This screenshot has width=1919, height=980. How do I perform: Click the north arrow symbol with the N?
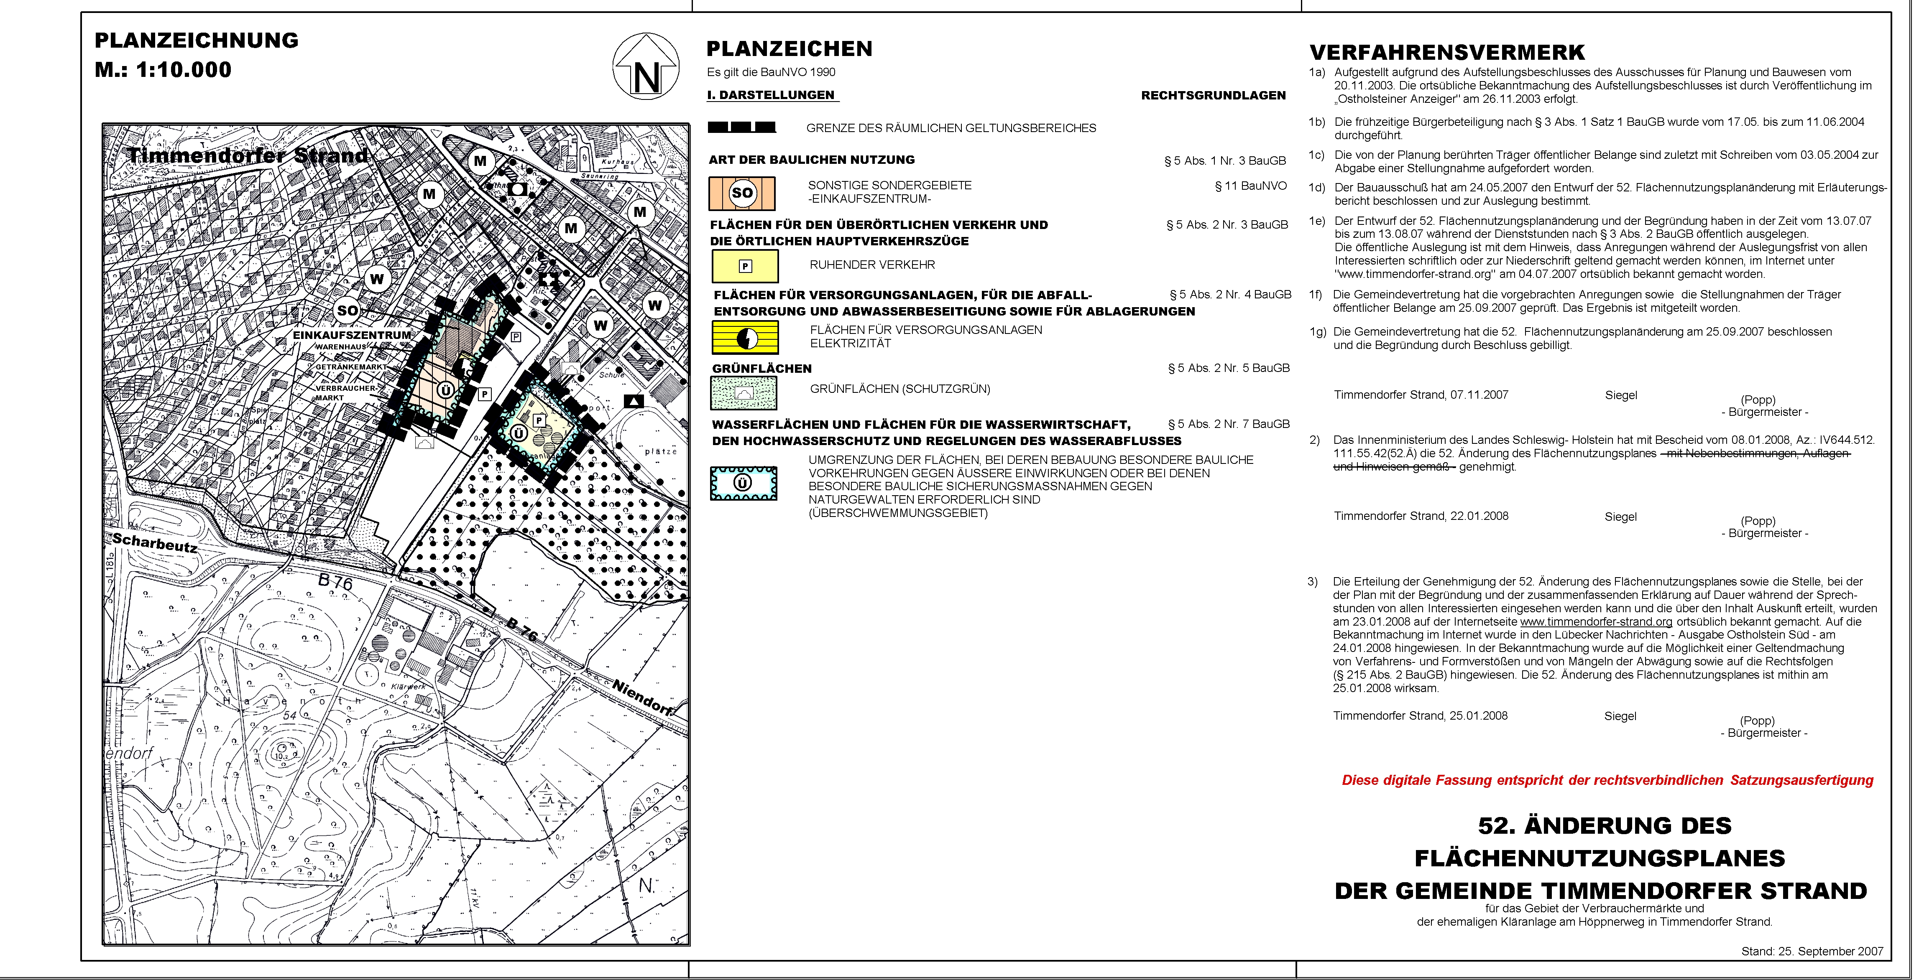point(646,67)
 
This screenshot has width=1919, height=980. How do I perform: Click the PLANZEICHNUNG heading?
point(197,40)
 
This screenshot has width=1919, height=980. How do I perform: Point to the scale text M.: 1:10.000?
point(163,70)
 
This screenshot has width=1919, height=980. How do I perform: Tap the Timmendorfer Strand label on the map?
point(248,155)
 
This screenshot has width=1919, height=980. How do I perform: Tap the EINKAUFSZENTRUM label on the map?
point(352,335)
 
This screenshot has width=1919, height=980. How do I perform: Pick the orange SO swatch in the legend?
point(742,193)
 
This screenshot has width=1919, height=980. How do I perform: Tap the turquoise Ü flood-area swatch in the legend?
point(744,483)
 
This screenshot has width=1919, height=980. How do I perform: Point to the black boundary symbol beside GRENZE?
point(742,127)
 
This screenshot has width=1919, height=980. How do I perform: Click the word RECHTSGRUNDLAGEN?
point(1213,95)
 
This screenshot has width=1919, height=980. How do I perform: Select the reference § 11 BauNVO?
point(1251,186)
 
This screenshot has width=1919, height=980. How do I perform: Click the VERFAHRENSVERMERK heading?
point(1447,53)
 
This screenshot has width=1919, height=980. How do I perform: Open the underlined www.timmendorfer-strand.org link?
point(1596,622)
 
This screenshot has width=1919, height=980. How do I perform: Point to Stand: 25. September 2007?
point(1812,951)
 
